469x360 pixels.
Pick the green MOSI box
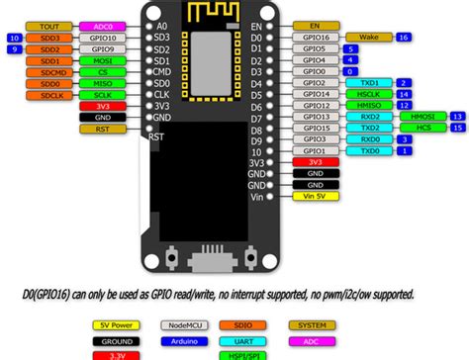tap(101, 60)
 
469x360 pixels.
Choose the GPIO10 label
tap(101, 38)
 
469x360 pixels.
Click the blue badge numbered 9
tap(14, 48)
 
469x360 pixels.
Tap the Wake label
tap(368, 37)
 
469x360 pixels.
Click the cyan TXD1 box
tap(368, 83)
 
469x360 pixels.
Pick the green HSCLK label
tap(368, 95)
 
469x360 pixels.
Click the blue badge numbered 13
tap(456, 116)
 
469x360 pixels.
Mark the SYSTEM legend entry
tap(313, 324)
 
